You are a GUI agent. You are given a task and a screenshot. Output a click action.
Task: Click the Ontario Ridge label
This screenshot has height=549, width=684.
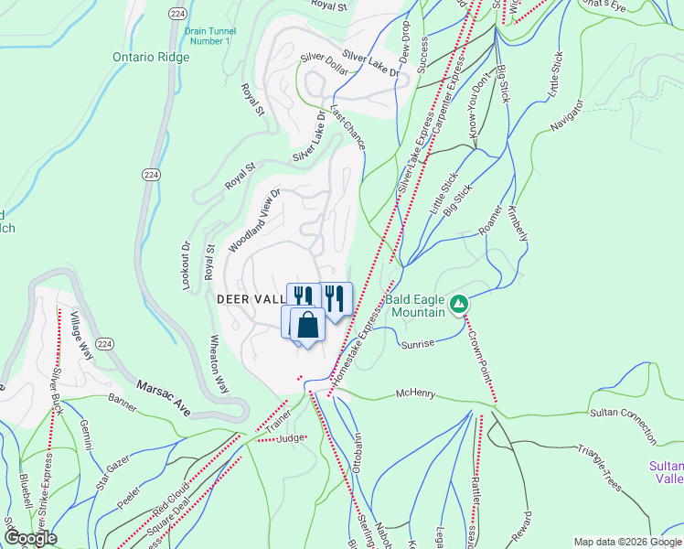[x=151, y=57]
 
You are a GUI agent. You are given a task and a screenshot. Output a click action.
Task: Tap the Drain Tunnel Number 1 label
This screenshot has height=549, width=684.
[x=208, y=36]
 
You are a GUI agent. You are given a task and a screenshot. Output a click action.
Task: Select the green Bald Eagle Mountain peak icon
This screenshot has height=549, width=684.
[x=461, y=303]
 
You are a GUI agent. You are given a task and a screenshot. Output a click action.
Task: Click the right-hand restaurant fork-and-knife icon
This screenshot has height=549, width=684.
[x=337, y=298]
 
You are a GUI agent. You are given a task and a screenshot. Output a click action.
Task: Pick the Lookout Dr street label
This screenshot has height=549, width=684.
[x=185, y=266]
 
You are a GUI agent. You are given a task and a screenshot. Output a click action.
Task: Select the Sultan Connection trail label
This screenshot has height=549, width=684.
[x=623, y=423]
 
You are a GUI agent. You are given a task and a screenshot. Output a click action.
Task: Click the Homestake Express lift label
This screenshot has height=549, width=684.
[x=356, y=347]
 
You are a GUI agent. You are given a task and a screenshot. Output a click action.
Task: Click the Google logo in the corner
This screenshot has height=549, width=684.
[x=30, y=538]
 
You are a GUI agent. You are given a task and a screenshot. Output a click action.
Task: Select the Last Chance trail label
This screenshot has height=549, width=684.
[x=347, y=127]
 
